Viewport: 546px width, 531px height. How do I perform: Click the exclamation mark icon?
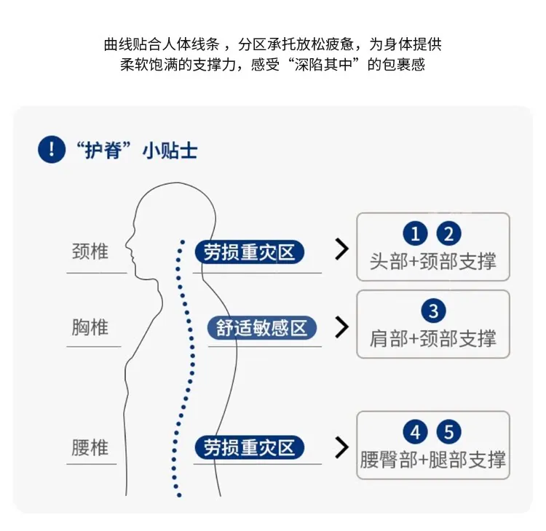(x=52, y=149)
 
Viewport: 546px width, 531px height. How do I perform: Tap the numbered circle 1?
(x=415, y=233)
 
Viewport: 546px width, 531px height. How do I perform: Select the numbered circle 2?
(x=448, y=233)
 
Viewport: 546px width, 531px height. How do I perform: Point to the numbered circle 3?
(x=433, y=311)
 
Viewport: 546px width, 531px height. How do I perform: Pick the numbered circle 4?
(x=415, y=432)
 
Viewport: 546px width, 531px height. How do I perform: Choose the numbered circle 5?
(x=448, y=432)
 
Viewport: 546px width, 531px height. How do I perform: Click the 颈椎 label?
(x=90, y=251)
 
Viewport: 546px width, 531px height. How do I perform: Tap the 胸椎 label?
(x=90, y=327)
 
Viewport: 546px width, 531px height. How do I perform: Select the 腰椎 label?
(x=90, y=447)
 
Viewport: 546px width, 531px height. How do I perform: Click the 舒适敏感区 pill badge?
(x=262, y=328)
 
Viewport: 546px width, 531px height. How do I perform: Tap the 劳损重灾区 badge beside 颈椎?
(x=249, y=252)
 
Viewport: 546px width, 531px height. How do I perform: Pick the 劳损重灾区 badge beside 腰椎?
(x=249, y=447)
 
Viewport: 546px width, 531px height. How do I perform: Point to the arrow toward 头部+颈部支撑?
(x=341, y=249)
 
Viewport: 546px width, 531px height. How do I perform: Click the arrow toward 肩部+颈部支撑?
(x=341, y=327)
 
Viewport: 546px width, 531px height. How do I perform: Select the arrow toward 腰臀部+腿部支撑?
(x=341, y=447)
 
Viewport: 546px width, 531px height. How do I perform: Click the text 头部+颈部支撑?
(x=433, y=261)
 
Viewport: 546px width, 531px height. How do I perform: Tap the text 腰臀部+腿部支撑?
(x=433, y=460)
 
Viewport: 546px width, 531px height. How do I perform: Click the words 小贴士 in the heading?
(x=170, y=151)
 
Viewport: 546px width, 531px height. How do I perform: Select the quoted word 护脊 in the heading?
(x=103, y=151)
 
